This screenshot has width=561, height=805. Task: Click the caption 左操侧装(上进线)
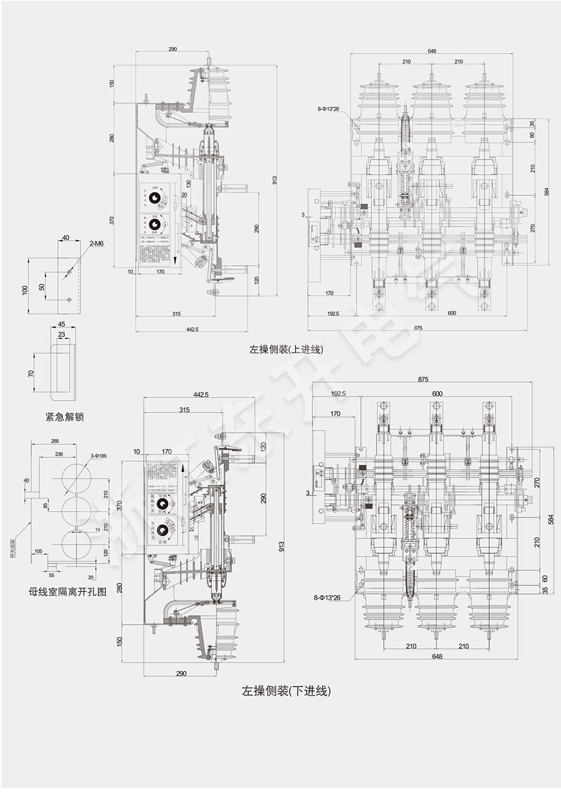pos(286,349)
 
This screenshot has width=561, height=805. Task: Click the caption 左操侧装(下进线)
pos(286,691)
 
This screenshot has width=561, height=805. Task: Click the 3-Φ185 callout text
pos(98,456)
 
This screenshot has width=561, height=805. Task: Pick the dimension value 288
pos(55,441)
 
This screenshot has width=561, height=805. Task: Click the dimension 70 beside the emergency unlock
pos(31,373)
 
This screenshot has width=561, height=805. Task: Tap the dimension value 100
pos(25,290)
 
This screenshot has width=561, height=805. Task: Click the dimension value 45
pos(62,324)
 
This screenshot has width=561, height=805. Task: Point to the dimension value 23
pos(61,335)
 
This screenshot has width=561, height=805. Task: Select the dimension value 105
pos(39,551)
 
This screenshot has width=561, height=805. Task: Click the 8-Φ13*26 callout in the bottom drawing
pos(327,597)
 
